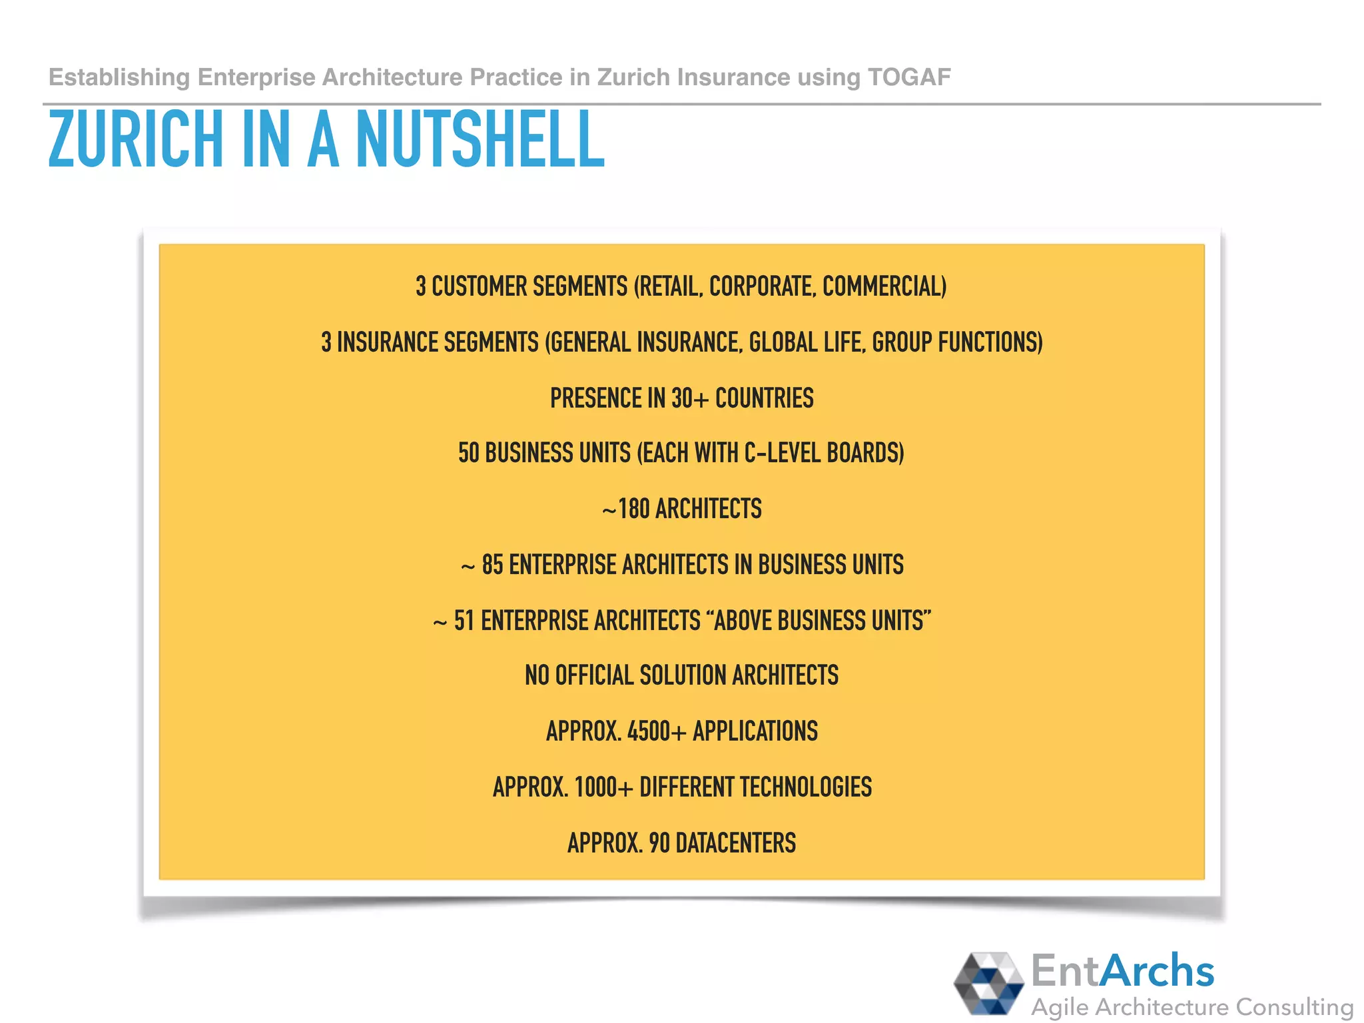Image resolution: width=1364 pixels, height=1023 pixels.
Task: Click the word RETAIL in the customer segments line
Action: coord(669,286)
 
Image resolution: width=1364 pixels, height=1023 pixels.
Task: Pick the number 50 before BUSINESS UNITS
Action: coord(468,454)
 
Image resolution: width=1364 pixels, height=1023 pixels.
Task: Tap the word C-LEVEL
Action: coord(782,454)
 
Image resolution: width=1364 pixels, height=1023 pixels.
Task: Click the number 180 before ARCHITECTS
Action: coord(633,510)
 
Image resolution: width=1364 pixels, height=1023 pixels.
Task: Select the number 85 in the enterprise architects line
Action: coord(492,565)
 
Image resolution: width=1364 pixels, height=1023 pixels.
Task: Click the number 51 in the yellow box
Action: coord(464,621)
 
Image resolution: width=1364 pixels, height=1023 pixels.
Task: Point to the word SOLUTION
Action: coord(683,675)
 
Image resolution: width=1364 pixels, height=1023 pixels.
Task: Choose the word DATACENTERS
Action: coord(735,843)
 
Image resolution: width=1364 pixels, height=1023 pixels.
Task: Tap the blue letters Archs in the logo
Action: coord(1157,970)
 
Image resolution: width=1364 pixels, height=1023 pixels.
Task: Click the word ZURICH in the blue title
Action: coord(136,139)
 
